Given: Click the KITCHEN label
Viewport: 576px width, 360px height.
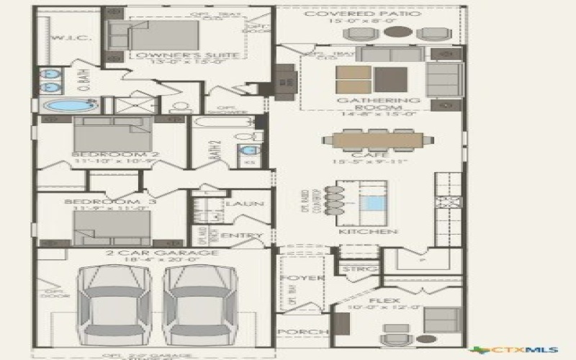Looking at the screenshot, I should click(368, 232).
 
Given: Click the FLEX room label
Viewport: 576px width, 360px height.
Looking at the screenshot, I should click(379, 301).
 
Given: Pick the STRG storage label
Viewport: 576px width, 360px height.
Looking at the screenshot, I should click(357, 269).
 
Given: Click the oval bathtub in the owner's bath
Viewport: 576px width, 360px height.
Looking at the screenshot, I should click(65, 106).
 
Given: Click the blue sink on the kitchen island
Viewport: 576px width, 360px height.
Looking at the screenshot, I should click(372, 203).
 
